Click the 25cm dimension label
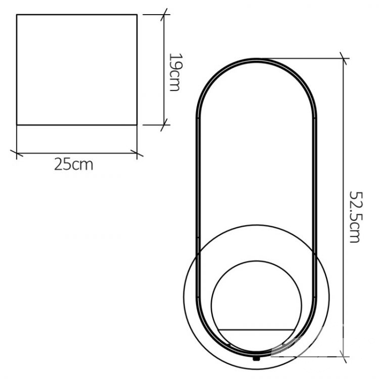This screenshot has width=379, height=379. pyautogui.click(x=74, y=164)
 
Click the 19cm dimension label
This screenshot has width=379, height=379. pyautogui.click(x=174, y=72)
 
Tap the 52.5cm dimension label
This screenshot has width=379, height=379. pyautogui.click(x=356, y=217)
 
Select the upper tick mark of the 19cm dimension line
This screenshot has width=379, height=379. pyautogui.click(x=164, y=15)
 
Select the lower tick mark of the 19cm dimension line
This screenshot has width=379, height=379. pyautogui.click(x=164, y=125)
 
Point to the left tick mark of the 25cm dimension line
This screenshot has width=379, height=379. pyautogui.click(x=17, y=153)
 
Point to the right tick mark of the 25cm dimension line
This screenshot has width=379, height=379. pyautogui.click(x=137, y=153)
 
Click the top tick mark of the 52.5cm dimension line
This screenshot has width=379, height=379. pyautogui.click(x=343, y=59)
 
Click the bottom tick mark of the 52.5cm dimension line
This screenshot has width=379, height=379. pyautogui.click(x=343, y=357)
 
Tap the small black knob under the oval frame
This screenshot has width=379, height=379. pyautogui.click(x=256, y=358)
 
